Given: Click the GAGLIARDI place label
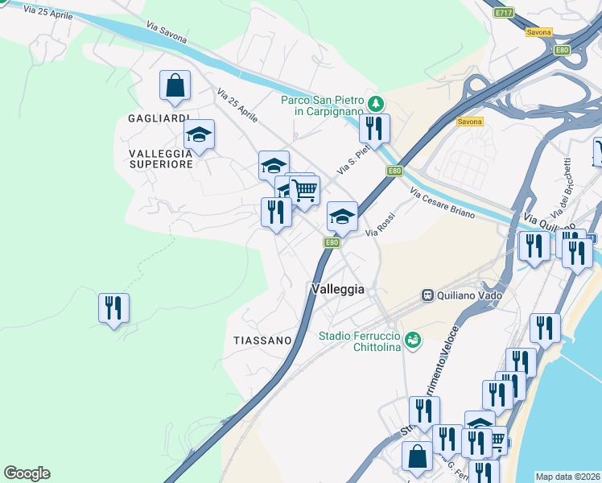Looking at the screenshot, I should (x=159, y=118).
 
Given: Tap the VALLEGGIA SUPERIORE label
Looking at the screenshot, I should (x=161, y=158).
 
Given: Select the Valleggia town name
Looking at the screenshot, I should (x=338, y=289).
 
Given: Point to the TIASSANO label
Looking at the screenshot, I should (x=262, y=341).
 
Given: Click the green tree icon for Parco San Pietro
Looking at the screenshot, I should (x=375, y=104).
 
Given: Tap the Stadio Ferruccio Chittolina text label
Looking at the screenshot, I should (x=361, y=341).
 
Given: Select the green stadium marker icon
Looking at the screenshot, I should (x=413, y=341).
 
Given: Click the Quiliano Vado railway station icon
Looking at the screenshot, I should (x=429, y=295).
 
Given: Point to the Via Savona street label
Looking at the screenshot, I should (x=164, y=27).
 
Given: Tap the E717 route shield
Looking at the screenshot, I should (x=505, y=13).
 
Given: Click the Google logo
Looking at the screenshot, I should (x=27, y=473).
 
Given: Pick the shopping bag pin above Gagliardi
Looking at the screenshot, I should (x=175, y=85).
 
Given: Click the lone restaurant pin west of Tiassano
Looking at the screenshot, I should (x=113, y=308).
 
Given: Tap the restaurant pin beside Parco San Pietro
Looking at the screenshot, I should (x=374, y=128).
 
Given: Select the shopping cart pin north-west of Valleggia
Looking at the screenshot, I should (x=305, y=192).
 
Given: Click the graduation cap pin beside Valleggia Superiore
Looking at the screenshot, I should (x=199, y=134).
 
